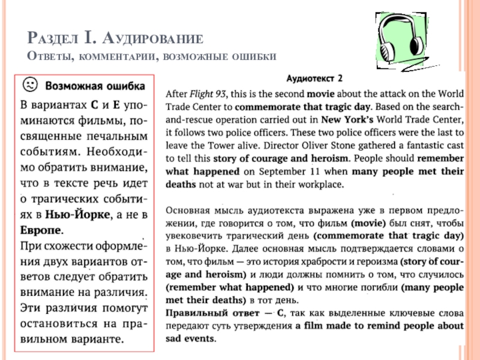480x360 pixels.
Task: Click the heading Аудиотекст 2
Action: [314, 78]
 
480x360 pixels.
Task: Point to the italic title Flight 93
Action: [207, 94]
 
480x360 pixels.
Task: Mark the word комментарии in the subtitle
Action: [115, 56]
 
